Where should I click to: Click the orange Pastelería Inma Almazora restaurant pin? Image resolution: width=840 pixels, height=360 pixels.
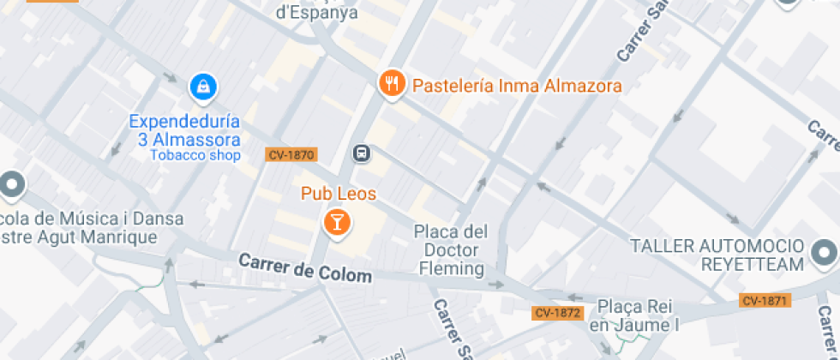click(x=391, y=83)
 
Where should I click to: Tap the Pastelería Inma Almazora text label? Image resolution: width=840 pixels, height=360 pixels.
click(x=517, y=87)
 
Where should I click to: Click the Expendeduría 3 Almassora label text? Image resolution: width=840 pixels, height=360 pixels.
click(x=184, y=130)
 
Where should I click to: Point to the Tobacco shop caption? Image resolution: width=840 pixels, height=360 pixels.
click(x=195, y=155)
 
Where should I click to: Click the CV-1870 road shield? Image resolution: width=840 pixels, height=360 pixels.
click(x=291, y=155)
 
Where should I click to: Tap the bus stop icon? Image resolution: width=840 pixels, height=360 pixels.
click(x=362, y=153)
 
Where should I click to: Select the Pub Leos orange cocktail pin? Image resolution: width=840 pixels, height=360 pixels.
click(x=337, y=223)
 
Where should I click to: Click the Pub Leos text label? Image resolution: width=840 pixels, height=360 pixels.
click(x=339, y=194)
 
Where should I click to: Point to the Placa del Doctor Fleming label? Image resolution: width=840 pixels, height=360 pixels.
click(x=450, y=250)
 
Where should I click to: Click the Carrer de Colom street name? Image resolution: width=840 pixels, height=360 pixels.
click(x=305, y=268)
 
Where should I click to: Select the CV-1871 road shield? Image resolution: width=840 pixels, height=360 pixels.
click(x=765, y=300)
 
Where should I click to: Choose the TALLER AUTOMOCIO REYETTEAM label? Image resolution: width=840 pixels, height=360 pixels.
click(x=718, y=255)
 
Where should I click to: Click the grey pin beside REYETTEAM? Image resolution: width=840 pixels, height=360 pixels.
click(x=825, y=253)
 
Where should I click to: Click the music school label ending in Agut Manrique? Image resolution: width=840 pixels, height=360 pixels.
click(x=81, y=227)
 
